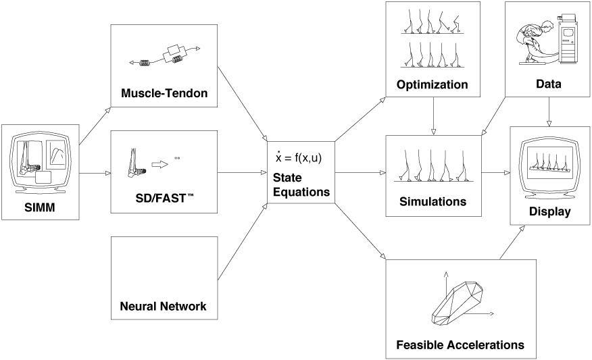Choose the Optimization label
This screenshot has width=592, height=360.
[x=433, y=85]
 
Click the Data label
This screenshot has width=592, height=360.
[x=547, y=85]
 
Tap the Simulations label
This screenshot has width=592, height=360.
[x=433, y=201]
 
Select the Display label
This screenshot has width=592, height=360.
[x=550, y=211]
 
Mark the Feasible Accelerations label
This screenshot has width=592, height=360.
[x=460, y=344]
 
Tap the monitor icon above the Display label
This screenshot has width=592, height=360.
[x=549, y=165]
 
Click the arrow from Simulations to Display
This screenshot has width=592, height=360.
[x=495, y=172]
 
